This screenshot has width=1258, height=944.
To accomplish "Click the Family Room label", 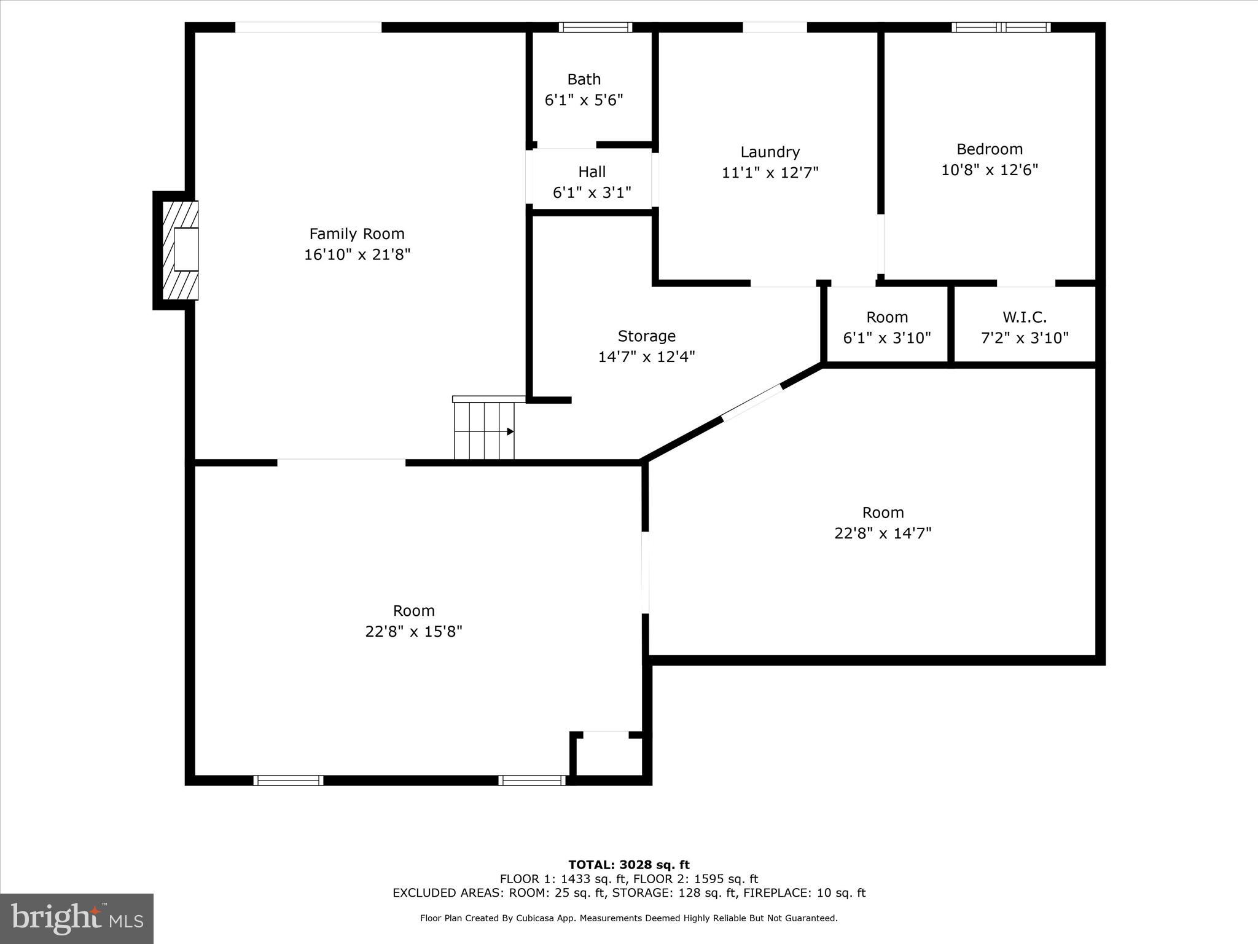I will pos(356,234).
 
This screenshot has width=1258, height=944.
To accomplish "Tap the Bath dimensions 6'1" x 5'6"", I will pos(584,100).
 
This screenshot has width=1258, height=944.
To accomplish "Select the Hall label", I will pos(592,171).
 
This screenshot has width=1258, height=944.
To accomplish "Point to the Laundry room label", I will pos(770,152).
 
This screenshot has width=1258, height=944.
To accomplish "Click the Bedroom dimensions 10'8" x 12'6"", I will pos(989,170).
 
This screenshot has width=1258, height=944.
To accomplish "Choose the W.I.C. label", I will pos(1024,317).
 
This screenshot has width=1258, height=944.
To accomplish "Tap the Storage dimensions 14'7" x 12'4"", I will pos(646,356).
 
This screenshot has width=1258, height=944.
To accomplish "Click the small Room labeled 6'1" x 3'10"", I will pos(886,327).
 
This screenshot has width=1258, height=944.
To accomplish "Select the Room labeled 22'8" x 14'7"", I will pos(883,522).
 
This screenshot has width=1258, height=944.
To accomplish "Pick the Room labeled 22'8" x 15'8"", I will pos(413,621).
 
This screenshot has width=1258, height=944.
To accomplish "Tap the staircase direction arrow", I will pos(509,431).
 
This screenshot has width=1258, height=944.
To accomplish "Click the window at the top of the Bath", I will pos(595,27).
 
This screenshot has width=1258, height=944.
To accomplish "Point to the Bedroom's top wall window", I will pos(1001,27).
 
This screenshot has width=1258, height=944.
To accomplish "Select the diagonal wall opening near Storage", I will pos(752,403).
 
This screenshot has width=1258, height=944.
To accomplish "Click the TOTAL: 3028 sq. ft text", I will pos(628,865).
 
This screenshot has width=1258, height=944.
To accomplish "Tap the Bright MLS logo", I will pos(77,918).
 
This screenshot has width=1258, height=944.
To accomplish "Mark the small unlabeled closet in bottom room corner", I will pos(608,755).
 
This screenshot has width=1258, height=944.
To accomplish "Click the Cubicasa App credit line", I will pos(628,918).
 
